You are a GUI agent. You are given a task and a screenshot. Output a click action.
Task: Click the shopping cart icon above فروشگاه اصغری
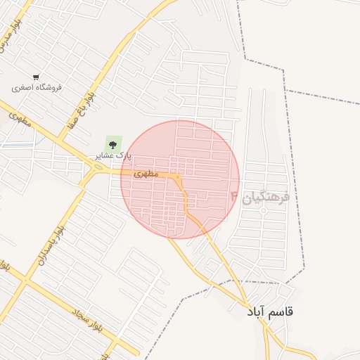[x=36, y=77]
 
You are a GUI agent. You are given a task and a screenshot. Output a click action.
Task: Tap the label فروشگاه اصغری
[x=37, y=88]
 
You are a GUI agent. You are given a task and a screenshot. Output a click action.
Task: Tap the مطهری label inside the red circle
[x=145, y=173]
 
